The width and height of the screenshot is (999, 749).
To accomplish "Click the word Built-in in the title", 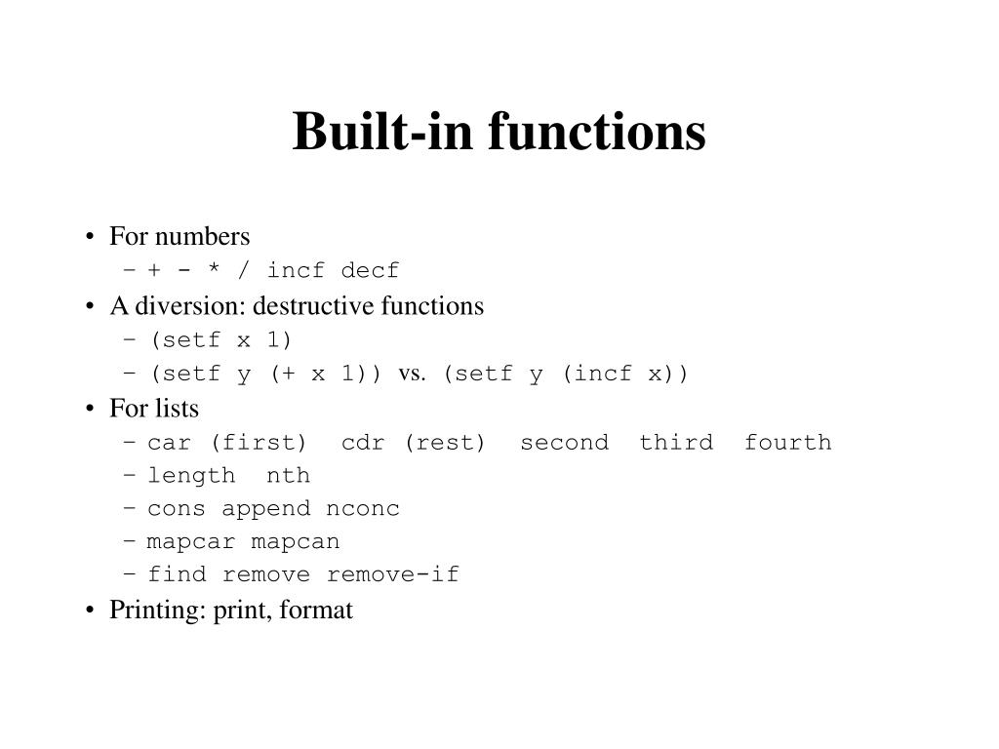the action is coord(382,132).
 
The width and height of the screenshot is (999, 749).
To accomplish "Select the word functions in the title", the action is coord(597,132).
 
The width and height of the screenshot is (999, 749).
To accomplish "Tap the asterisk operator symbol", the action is coord(214,268).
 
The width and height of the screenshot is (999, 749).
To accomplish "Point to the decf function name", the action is coord(370,270).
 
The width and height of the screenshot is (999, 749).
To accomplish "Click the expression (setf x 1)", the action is coord(220,339).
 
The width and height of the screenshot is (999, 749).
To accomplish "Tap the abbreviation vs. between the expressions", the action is coord(412,374).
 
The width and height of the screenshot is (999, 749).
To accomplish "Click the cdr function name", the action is coord(363,443).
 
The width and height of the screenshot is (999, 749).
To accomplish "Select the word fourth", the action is coord(788,442).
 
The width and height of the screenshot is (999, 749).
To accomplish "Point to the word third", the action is coord(676,442).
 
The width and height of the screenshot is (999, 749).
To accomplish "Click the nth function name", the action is coord(288,475).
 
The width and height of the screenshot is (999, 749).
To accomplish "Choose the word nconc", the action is coord(363,509).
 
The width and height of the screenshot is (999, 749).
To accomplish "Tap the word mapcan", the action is coord(295,542).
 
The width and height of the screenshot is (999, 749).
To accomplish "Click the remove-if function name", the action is coord(392,574).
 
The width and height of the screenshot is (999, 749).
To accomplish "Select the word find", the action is coord(178,574).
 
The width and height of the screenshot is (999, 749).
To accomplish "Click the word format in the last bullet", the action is coord(316,610).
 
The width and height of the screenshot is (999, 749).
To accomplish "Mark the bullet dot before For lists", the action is coord(90,409).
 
